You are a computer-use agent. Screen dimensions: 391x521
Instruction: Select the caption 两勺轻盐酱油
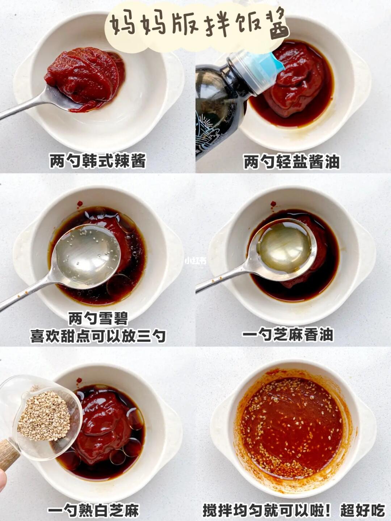point(291,161)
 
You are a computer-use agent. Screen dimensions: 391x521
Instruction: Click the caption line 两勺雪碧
point(98,318)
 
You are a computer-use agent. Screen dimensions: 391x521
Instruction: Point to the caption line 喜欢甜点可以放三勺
point(98,335)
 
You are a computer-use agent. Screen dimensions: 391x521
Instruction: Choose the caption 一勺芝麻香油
point(287,335)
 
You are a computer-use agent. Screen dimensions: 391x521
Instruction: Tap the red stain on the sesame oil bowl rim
point(274,203)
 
